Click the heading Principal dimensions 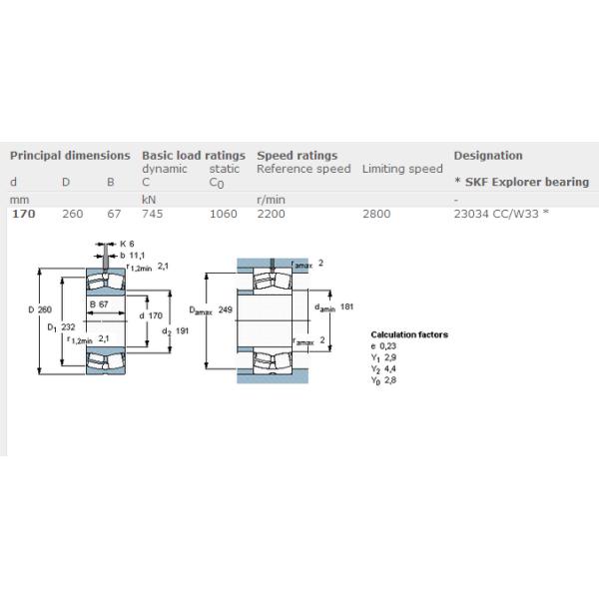70,156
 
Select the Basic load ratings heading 194,156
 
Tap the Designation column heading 488,156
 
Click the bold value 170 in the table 22,214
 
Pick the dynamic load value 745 153,214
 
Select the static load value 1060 224,214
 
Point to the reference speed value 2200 272,214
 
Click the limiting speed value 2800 376,214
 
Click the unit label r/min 272,200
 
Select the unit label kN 150,200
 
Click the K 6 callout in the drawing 127,245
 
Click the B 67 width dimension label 99,303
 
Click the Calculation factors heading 409,334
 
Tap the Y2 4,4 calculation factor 384,369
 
